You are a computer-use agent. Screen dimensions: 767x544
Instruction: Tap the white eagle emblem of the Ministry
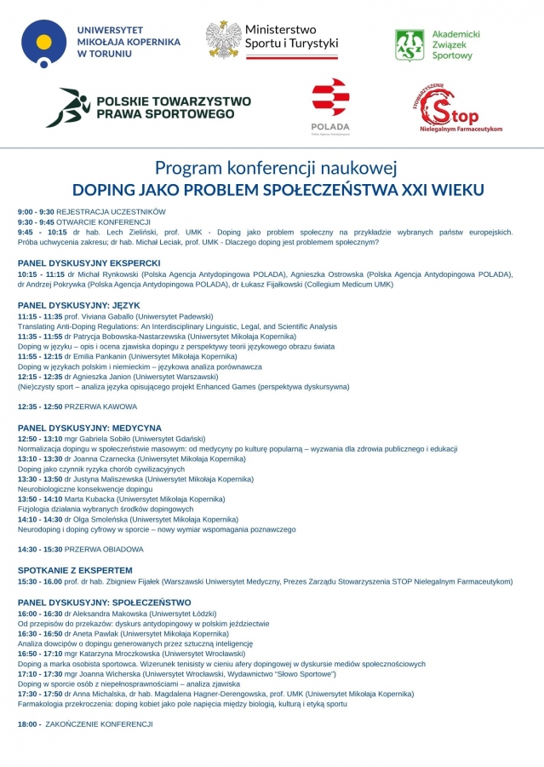click(x=223, y=39)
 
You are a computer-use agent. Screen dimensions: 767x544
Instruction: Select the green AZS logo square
click(x=410, y=45)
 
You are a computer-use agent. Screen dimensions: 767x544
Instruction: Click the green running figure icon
click(x=68, y=107)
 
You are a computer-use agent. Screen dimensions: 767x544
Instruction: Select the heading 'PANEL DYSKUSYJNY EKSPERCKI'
click(x=89, y=263)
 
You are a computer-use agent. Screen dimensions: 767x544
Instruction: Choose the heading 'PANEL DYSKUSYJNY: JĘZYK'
click(x=78, y=305)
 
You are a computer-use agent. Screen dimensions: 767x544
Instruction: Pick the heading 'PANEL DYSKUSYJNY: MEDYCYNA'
click(x=89, y=428)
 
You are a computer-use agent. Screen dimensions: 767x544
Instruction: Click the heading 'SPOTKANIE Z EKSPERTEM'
click(x=75, y=570)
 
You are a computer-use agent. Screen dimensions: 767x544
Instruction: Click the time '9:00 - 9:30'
click(x=36, y=211)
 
